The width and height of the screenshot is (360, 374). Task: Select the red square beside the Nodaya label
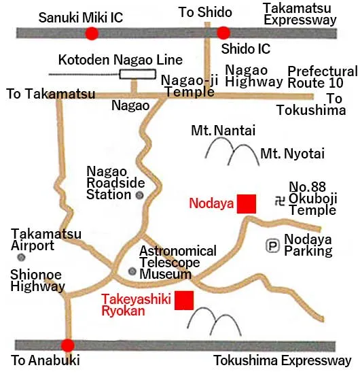(x=246, y=203)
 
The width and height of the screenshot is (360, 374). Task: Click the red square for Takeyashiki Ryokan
(x=184, y=300)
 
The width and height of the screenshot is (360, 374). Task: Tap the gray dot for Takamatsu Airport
(x=22, y=258)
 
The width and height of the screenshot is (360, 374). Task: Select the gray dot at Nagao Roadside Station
(x=140, y=195)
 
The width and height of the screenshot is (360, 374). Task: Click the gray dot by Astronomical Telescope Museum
(x=132, y=271)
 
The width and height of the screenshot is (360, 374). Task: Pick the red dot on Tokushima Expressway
(x=67, y=345)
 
